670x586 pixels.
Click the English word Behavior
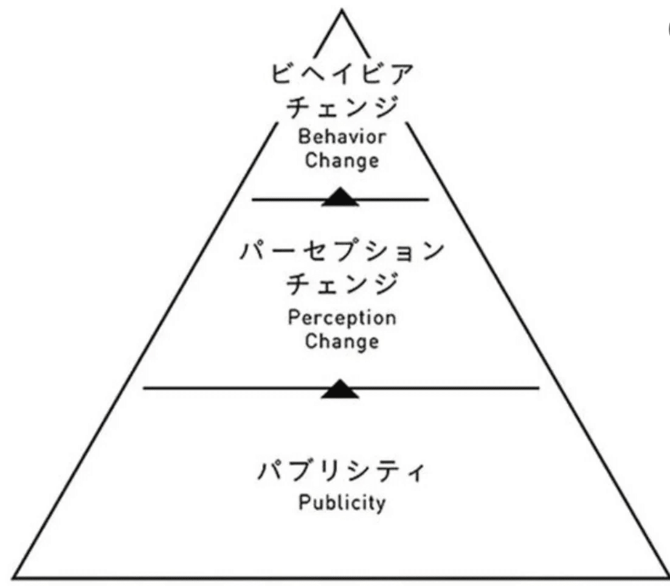pos(342,137)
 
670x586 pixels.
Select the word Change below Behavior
pos(342,162)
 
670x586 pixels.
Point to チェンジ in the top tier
pos(342,108)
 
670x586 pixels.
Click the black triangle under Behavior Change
pos(340,198)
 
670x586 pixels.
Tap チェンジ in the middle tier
pos(342,284)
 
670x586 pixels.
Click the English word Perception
pos(342,317)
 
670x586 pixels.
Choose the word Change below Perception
pos(342,341)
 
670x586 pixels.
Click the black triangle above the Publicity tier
pos(340,389)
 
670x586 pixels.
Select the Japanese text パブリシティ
pos(341,472)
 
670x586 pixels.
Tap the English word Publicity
pos(342,504)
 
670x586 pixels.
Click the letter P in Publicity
pos(303,503)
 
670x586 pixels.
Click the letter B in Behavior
pos(303,137)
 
